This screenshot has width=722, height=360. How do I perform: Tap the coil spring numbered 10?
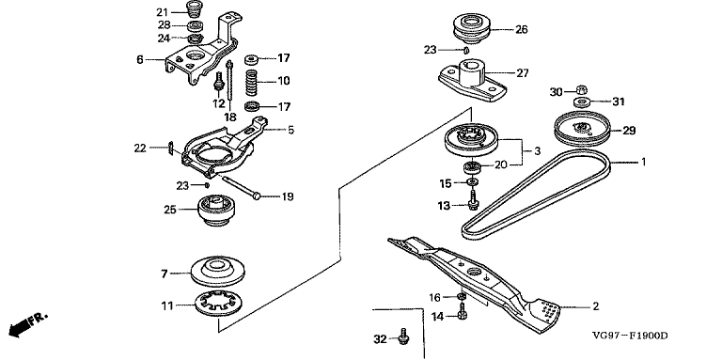coord(250,82)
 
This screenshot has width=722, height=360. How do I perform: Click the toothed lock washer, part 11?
coord(220,304)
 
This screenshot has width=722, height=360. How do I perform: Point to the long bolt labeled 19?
coord(241,186)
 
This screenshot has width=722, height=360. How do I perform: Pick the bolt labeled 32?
coord(404,337)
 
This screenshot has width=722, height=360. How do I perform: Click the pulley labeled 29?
coord(582,126)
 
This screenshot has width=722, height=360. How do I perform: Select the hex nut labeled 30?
coord(582,89)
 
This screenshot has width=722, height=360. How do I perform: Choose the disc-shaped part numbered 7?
coord(218,271)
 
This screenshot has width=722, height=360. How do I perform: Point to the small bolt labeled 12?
coord(219,84)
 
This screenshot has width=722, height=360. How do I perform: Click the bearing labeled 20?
coord(472,165)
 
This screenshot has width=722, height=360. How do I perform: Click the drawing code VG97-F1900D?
coord(629,336)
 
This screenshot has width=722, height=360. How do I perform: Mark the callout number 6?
coord(139,59)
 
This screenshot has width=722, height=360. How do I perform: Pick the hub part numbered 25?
coord(216,211)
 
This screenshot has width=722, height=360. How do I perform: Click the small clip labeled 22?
coord(170,149)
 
